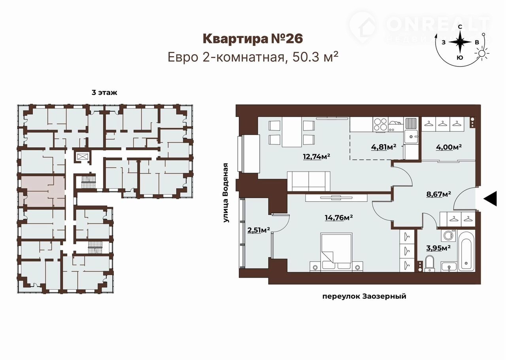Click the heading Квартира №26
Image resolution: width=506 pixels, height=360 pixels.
[x=253, y=39]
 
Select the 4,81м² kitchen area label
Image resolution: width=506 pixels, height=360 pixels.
[x=383, y=147]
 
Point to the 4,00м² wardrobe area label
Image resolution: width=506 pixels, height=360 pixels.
[x=448, y=147]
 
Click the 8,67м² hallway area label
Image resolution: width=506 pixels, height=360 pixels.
[x=439, y=194]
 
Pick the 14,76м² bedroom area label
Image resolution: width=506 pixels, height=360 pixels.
[x=339, y=218]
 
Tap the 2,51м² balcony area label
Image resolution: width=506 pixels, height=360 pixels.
[x=259, y=230]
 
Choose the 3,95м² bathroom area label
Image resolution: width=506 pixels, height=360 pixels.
[x=438, y=248]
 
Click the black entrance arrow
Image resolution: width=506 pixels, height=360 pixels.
[x=491, y=198]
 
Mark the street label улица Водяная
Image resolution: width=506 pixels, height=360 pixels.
[x=226, y=193]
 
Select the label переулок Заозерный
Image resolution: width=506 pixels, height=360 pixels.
[x=364, y=296]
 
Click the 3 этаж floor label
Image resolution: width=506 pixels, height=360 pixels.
[x=104, y=93]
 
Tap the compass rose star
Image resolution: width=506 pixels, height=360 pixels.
[x=460, y=42]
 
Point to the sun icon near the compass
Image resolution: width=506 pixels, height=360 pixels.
[x=482, y=53]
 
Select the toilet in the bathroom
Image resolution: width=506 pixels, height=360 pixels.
[x=429, y=263]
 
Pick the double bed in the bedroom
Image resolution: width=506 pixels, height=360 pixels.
[x=336, y=252]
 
